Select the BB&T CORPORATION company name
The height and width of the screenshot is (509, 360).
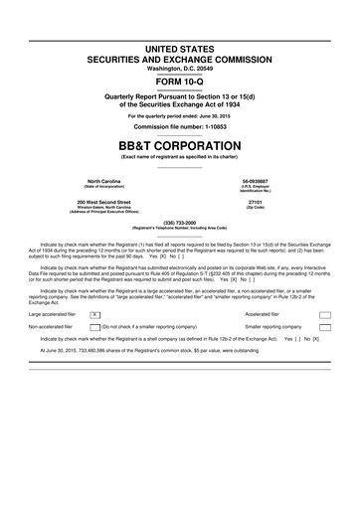click(x=179, y=142)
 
